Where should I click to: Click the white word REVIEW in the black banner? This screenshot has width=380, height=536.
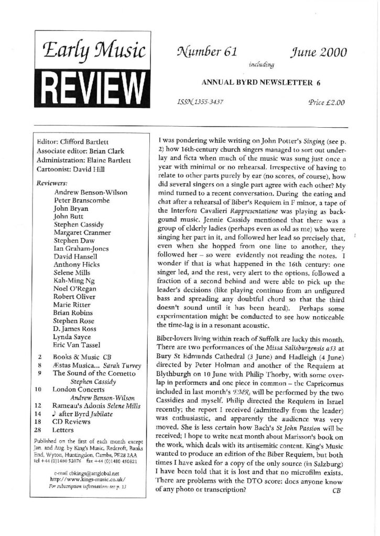pos(92,84)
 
